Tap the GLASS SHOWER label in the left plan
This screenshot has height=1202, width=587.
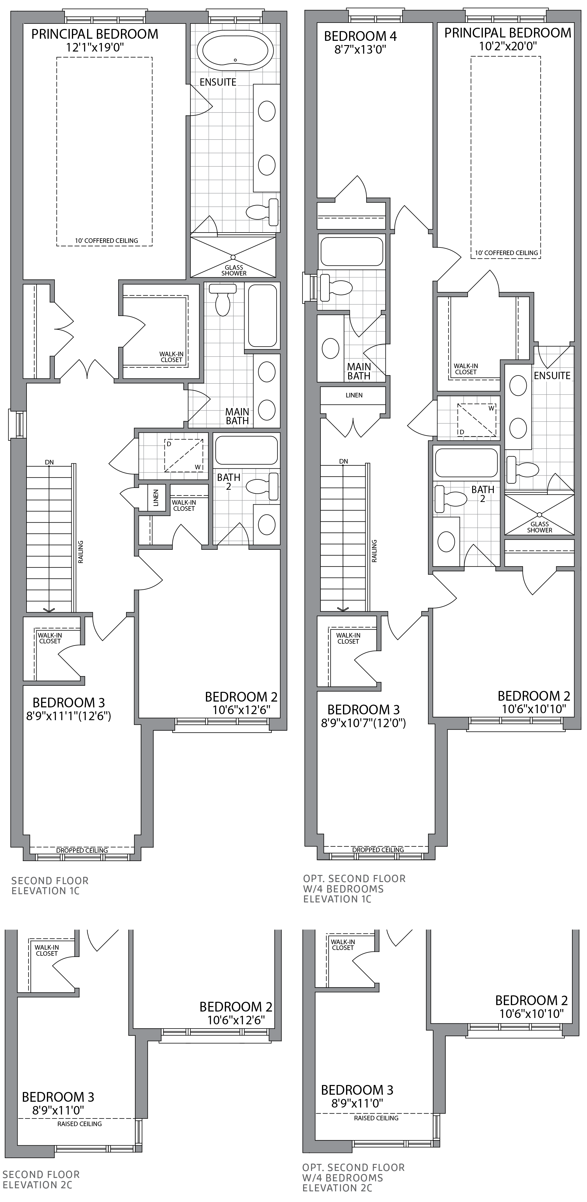(234, 270)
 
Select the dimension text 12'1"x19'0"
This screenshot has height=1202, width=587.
(95, 47)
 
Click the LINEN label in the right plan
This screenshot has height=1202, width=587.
(354, 395)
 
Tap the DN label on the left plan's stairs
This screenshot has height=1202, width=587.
(49, 462)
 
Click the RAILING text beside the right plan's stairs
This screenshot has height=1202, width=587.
(374, 551)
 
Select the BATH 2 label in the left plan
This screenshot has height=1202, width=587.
(228, 482)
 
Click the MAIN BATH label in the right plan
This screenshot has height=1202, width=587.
(359, 372)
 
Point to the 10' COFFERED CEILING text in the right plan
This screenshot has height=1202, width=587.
(506, 253)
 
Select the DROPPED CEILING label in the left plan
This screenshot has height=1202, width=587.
(82, 850)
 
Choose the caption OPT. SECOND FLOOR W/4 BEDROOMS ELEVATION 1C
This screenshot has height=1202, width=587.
(354, 889)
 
